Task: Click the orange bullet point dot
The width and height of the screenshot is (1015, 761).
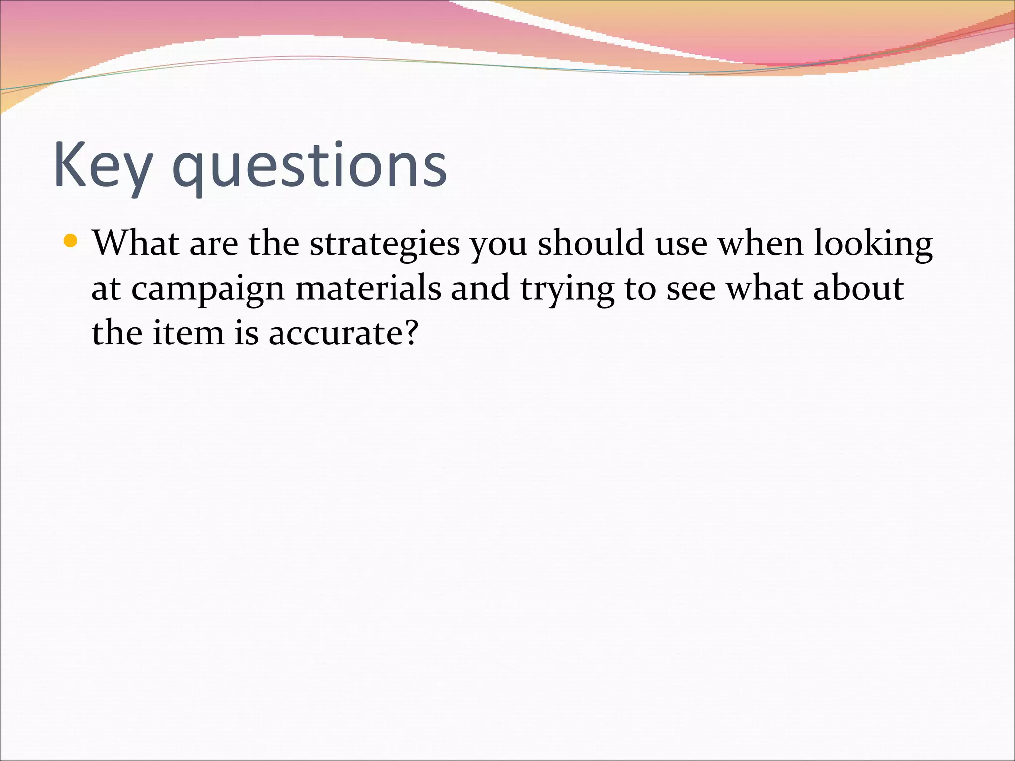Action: point(71,241)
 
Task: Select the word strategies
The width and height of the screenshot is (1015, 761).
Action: point(385,244)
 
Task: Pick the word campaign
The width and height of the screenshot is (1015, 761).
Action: point(208,289)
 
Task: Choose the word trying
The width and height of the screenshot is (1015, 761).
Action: point(567,289)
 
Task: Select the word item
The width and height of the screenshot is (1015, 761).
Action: point(188,332)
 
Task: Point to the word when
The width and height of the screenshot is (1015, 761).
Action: point(760,243)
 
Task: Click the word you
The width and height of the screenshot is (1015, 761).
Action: point(499,245)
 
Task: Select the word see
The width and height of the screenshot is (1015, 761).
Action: point(690,289)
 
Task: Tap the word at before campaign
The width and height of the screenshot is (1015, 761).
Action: point(106,289)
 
